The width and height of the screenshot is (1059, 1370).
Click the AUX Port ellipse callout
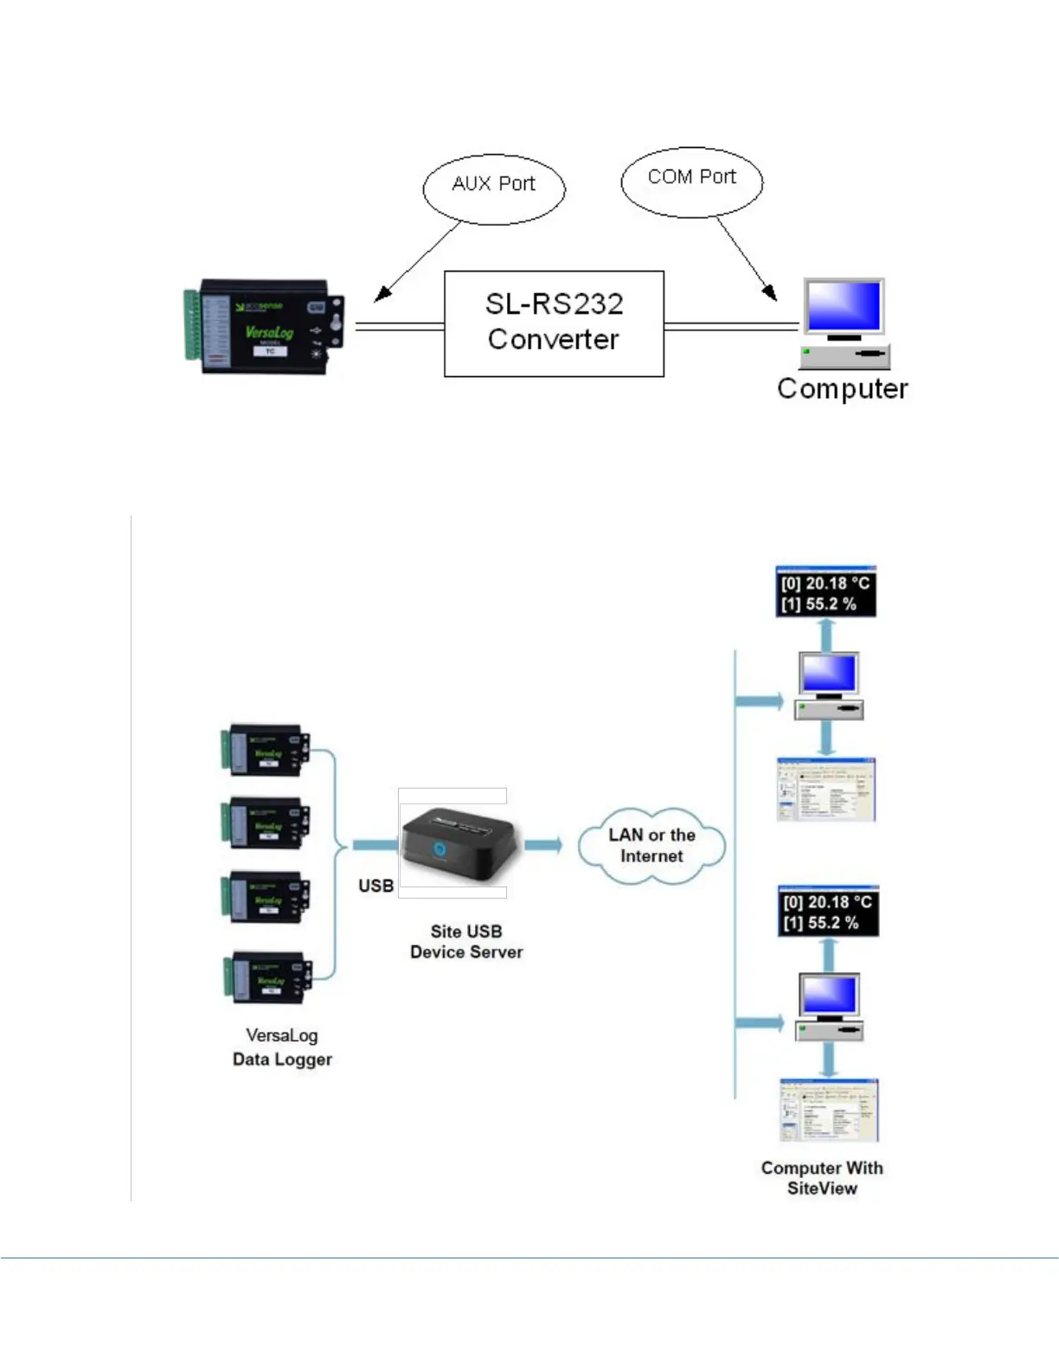coord(493,189)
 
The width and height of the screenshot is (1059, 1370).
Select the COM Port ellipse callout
coord(691,181)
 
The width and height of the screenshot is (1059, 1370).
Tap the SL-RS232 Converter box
coord(554,323)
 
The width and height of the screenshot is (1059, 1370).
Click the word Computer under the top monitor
coord(842,389)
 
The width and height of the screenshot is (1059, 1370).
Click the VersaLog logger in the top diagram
coord(264,326)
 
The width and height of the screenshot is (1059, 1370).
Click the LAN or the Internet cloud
coord(651,846)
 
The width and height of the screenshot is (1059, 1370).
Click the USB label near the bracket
coord(375,886)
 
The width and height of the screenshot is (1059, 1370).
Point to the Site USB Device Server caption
coord(466,942)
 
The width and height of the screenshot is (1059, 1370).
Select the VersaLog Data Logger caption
coord(282,1047)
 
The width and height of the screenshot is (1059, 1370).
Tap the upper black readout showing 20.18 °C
coord(826,593)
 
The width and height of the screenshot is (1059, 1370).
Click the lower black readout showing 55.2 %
coord(828,912)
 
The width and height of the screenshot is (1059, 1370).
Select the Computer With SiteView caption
coord(822,1178)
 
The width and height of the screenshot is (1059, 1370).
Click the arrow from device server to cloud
coord(543,845)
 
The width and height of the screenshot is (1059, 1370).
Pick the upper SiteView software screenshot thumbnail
coord(826,789)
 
